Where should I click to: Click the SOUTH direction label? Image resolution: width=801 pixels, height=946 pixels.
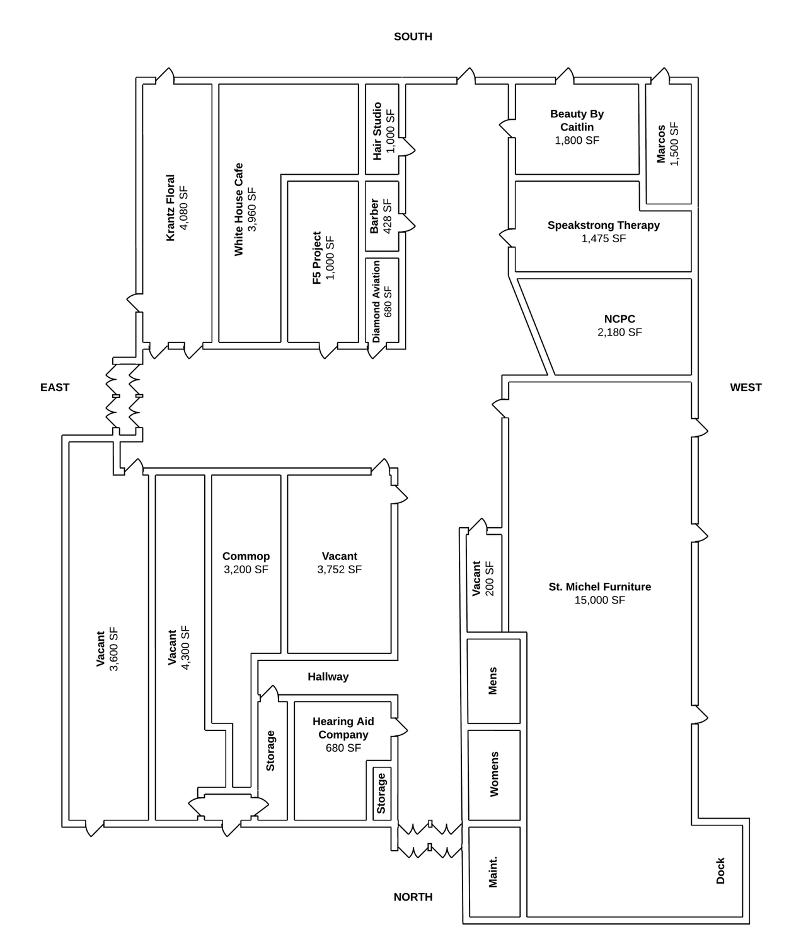point(413,37)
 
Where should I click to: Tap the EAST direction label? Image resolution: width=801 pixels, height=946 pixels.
point(55,387)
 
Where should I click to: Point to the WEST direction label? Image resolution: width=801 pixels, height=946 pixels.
point(746,387)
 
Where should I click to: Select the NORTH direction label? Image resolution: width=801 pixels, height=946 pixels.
point(413,897)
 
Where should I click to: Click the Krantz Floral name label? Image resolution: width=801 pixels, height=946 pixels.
point(171,207)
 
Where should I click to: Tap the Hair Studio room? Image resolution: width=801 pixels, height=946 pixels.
point(383,131)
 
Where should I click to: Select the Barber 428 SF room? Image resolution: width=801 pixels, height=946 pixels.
point(382,216)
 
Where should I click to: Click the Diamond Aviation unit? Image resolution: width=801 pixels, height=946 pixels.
point(382,301)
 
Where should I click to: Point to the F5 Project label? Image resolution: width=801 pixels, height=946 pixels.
point(317,258)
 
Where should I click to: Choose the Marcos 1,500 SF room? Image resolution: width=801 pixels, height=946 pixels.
point(668,144)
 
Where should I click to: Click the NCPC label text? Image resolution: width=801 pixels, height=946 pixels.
point(619,319)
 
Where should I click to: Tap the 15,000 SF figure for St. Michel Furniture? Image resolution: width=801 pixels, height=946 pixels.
point(599,600)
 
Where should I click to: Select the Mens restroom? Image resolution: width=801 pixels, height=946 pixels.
point(493,681)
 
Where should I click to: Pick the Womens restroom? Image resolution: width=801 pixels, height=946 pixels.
point(493,774)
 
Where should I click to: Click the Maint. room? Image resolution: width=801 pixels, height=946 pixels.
point(493,872)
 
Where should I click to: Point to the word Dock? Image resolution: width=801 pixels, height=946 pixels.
point(720,870)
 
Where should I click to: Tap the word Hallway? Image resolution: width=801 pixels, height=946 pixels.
point(328,677)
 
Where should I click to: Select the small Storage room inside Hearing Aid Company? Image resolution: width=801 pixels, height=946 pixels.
point(381,793)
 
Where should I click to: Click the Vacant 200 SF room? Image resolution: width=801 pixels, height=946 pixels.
point(483,579)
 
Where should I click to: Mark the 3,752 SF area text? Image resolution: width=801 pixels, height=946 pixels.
point(339,569)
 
